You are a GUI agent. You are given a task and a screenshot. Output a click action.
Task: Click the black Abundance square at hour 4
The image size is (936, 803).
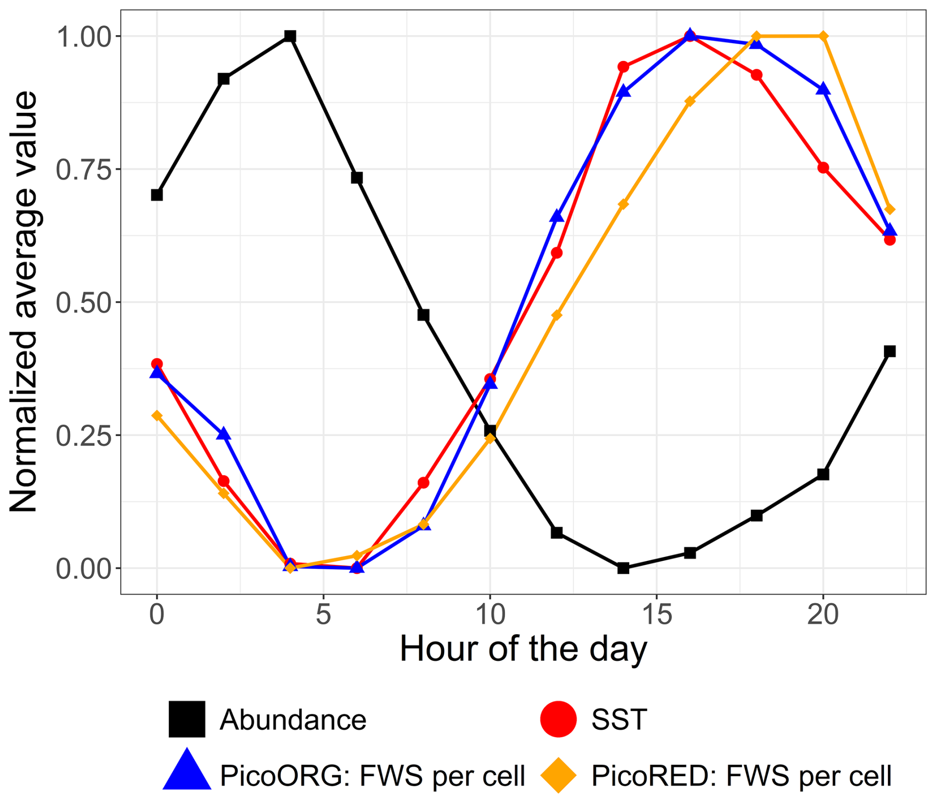[x=290, y=36]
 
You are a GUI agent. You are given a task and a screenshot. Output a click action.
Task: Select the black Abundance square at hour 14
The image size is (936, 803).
[x=623, y=568]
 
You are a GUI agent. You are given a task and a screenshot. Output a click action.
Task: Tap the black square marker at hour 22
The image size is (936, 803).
[x=889, y=351]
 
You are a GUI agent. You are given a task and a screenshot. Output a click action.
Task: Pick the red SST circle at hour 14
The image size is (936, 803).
[x=623, y=67]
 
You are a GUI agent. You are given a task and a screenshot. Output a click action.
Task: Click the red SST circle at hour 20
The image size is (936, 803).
[x=823, y=168]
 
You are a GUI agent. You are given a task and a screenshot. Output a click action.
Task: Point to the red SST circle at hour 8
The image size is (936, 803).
[x=423, y=483]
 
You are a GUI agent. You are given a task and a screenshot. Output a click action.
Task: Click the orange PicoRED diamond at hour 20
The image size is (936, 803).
[x=823, y=36]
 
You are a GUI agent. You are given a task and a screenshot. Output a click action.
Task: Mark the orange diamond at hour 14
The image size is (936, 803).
[x=623, y=204]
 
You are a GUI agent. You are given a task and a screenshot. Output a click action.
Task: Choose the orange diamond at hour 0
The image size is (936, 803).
[x=157, y=415]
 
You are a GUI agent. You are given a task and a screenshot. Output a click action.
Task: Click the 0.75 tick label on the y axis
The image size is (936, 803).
[x=82, y=169]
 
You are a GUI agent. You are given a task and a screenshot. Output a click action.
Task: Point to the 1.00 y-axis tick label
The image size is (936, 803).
[x=82, y=37]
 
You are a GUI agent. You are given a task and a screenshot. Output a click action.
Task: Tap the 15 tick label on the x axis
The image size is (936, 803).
[x=656, y=615]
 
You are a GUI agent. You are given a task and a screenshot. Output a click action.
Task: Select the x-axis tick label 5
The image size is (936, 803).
[x=324, y=615]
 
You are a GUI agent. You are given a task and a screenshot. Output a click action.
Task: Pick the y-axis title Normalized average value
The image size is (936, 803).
[x=24, y=302]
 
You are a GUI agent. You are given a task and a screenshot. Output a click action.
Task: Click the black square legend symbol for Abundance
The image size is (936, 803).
[x=187, y=719]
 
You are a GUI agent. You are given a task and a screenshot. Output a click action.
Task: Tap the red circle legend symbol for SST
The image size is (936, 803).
[x=559, y=719]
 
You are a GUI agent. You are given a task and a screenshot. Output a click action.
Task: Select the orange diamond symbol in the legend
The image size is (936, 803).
[x=559, y=775]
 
